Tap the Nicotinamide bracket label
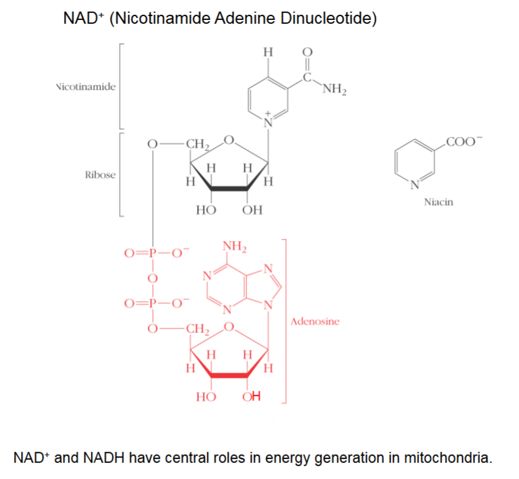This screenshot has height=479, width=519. pos(86,86)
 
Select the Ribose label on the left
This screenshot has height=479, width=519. pos(100,175)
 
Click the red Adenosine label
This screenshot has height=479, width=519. pos(315,321)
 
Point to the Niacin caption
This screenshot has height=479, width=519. pos(438,202)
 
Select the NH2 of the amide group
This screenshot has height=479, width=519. pos(335,89)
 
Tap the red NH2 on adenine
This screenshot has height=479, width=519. pos(235,247)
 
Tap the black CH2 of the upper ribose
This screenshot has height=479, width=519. pos(196,144)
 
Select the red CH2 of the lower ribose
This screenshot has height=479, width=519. pos(196,330)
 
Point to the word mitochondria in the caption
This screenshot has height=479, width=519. pos(446,459)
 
